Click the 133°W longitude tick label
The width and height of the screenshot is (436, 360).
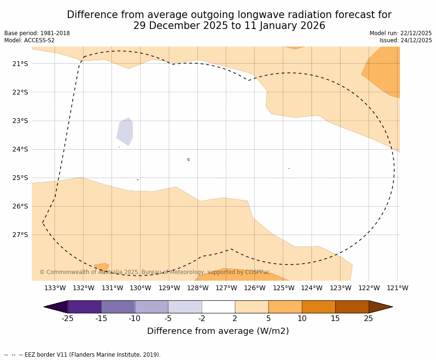(x=55, y=288)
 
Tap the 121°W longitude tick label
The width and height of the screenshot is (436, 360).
(x=397, y=288)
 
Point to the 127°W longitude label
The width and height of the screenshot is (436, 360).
(x=226, y=288)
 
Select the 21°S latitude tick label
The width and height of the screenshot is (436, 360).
(x=20, y=64)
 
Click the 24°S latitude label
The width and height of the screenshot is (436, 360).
(x=20, y=149)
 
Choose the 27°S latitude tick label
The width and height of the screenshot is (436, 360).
(x=20, y=235)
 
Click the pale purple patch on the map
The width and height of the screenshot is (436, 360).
(x=125, y=132)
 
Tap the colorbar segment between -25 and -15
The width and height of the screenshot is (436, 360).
(x=84, y=307)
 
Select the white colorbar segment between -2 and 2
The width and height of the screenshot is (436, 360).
(x=218, y=307)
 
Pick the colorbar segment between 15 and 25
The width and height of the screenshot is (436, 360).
(x=352, y=307)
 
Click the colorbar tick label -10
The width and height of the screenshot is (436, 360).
(x=135, y=319)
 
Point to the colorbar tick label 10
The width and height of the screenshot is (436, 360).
(x=302, y=319)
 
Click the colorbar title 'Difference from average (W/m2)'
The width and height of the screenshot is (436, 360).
(x=218, y=331)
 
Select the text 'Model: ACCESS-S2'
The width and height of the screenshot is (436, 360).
(x=29, y=40)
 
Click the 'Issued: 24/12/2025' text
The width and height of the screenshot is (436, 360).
(x=406, y=40)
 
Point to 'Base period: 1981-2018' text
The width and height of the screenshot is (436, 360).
(x=37, y=33)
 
